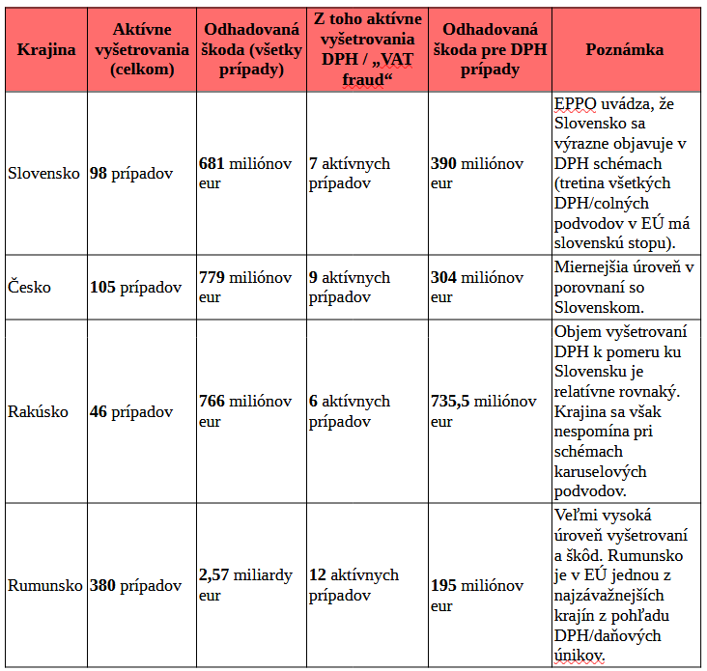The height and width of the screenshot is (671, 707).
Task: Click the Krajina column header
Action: click(x=45, y=50)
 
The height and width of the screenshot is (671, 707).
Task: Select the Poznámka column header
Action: click(x=624, y=50)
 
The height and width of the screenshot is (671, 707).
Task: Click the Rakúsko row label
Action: click(x=38, y=411)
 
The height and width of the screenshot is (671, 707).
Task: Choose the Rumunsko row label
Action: click(x=45, y=585)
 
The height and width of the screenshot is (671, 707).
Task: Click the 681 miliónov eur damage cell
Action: click(x=244, y=174)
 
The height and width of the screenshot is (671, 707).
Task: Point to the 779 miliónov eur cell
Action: click(x=244, y=287)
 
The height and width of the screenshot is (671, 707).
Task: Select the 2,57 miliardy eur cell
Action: click(x=244, y=585)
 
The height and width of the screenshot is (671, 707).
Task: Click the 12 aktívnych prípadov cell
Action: click(x=353, y=585)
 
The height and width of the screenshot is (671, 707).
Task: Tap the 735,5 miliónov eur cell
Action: click(x=483, y=411)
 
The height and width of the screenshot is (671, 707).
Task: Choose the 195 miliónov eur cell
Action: click(x=476, y=596)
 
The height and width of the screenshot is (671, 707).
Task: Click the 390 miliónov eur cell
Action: click(x=476, y=174)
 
